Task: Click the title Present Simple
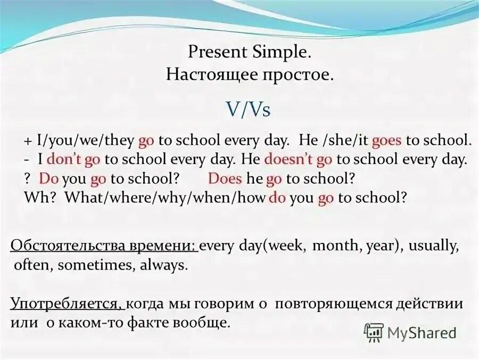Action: coord(250,52)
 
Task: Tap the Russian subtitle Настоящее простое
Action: coord(250,74)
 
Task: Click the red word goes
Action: coord(387,141)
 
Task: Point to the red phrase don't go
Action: coord(75,159)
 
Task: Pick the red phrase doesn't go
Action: coord(298,159)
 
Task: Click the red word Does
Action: coord(225,178)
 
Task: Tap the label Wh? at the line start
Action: coord(43,197)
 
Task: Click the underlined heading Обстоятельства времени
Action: coord(104,246)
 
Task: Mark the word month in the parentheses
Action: coord(333,246)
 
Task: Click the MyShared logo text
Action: coord(422,333)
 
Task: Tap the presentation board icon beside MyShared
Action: coord(374,333)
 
